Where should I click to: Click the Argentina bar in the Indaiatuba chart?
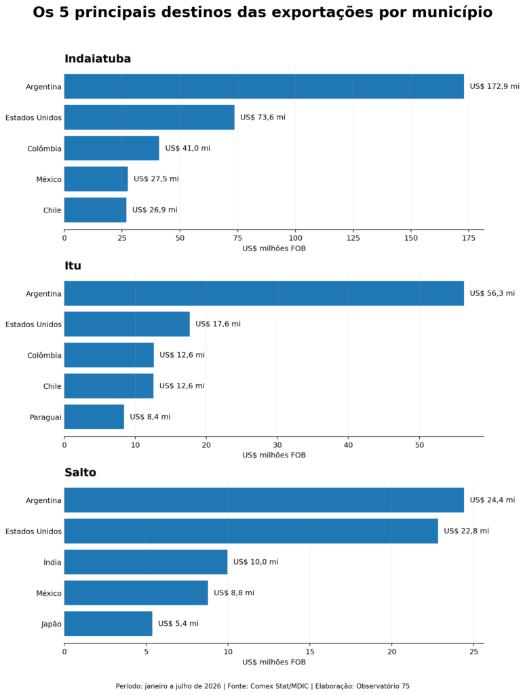coord(264,86)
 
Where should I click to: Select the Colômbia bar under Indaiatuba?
coord(112,148)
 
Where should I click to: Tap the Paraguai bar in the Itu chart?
coord(94,417)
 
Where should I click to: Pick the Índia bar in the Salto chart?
coord(146,562)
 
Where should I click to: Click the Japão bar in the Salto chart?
coord(108,624)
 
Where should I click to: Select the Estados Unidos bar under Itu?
coord(127,324)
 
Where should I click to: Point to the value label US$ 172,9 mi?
coord(494,86)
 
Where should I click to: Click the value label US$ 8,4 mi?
coord(150,417)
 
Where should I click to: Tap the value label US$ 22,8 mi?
coord(467,531)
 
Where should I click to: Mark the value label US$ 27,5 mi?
coord(157,179)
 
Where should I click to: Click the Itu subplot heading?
coord(73,265)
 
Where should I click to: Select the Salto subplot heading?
coord(80,472)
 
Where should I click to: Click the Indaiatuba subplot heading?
coord(98,58)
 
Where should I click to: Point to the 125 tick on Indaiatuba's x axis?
coord(353,238)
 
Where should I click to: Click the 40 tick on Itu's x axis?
coord(349,445)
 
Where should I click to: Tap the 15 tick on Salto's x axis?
coord(310,652)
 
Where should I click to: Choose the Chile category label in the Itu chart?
coord(52,386)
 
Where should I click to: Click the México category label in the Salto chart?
coord(49,593)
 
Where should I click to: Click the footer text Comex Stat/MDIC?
coord(279,686)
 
